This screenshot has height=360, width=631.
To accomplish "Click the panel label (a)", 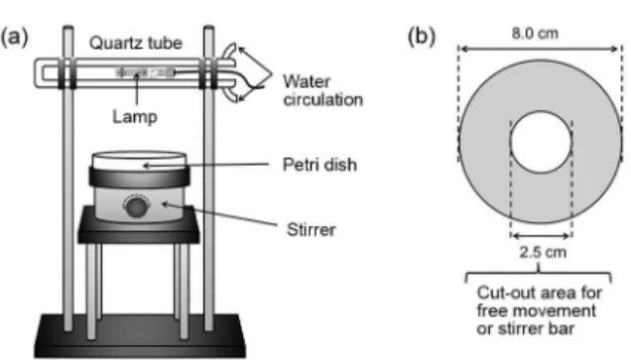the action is pyautogui.click(x=15, y=38).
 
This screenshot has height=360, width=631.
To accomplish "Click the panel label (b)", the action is pyautogui.click(x=422, y=38).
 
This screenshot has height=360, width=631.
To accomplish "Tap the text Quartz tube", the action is pyautogui.click(x=136, y=43).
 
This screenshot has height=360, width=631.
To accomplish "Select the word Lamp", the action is pyautogui.click(x=135, y=117).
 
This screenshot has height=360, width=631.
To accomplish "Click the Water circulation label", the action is pyautogui.click(x=323, y=90).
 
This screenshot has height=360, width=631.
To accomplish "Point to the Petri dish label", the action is pyautogui.click(x=319, y=165).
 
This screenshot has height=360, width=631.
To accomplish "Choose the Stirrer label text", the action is pyautogui.click(x=312, y=230).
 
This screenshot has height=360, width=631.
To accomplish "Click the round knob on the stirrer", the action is pyautogui.click(x=137, y=206).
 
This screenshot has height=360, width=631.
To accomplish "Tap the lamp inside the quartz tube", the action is pyautogui.click(x=146, y=72).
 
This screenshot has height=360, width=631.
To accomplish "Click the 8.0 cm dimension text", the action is pyautogui.click(x=535, y=34).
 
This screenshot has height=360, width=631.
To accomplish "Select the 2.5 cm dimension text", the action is pyautogui.click(x=543, y=252).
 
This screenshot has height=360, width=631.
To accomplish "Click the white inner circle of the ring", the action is pyautogui.click(x=542, y=142).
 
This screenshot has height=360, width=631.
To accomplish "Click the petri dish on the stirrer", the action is pyautogui.click(x=139, y=160).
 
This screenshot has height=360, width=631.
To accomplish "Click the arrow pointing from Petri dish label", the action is pyautogui.click(x=205, y=165).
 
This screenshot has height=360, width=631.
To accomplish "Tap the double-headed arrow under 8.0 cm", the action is pyautogui.click(x=540, y=49).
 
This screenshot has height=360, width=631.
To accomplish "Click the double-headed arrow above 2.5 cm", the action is pyautogui.click(x=542, y=236).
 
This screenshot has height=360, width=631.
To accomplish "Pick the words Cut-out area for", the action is pyautogui.click(x=540, y=293).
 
